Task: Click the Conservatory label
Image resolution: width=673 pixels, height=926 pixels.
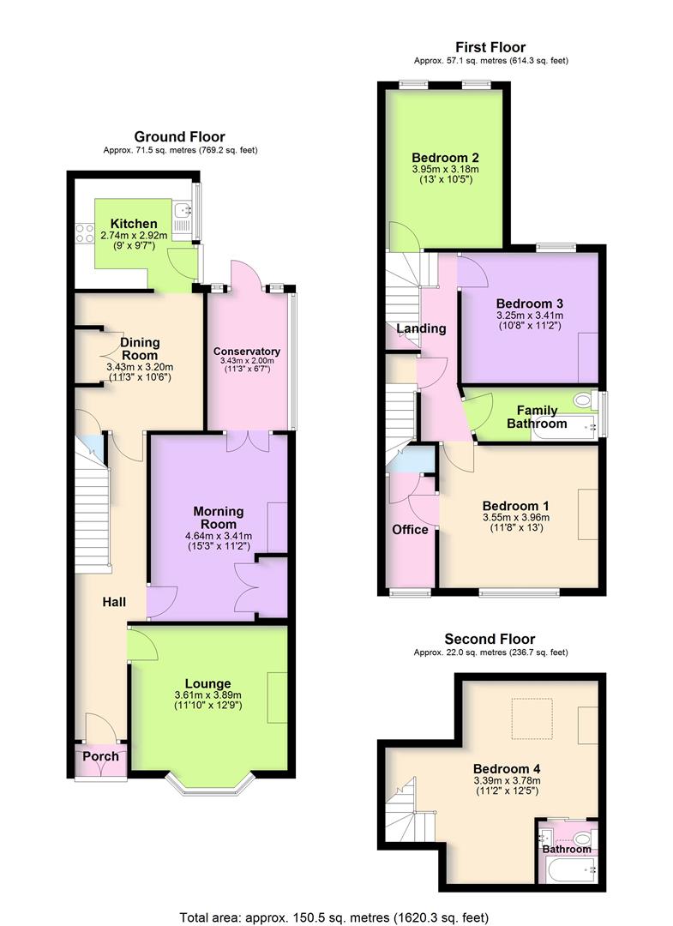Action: [x=247, y=352]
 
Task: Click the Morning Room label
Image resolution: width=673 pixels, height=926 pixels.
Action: [x=219, y=518]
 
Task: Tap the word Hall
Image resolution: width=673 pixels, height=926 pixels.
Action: [x=114, y=603]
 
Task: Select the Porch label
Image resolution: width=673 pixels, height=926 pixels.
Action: [x=100, y=756]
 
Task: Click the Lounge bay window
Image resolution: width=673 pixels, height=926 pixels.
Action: [x=209, y=784]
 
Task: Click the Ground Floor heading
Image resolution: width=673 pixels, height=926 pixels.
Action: [x=179, y=136]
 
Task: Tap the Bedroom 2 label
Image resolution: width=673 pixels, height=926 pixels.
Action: [x=444, y=158]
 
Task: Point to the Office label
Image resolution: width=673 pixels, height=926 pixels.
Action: [x=410, y=530]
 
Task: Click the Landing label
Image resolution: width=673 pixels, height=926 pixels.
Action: [x=421, y=328]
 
